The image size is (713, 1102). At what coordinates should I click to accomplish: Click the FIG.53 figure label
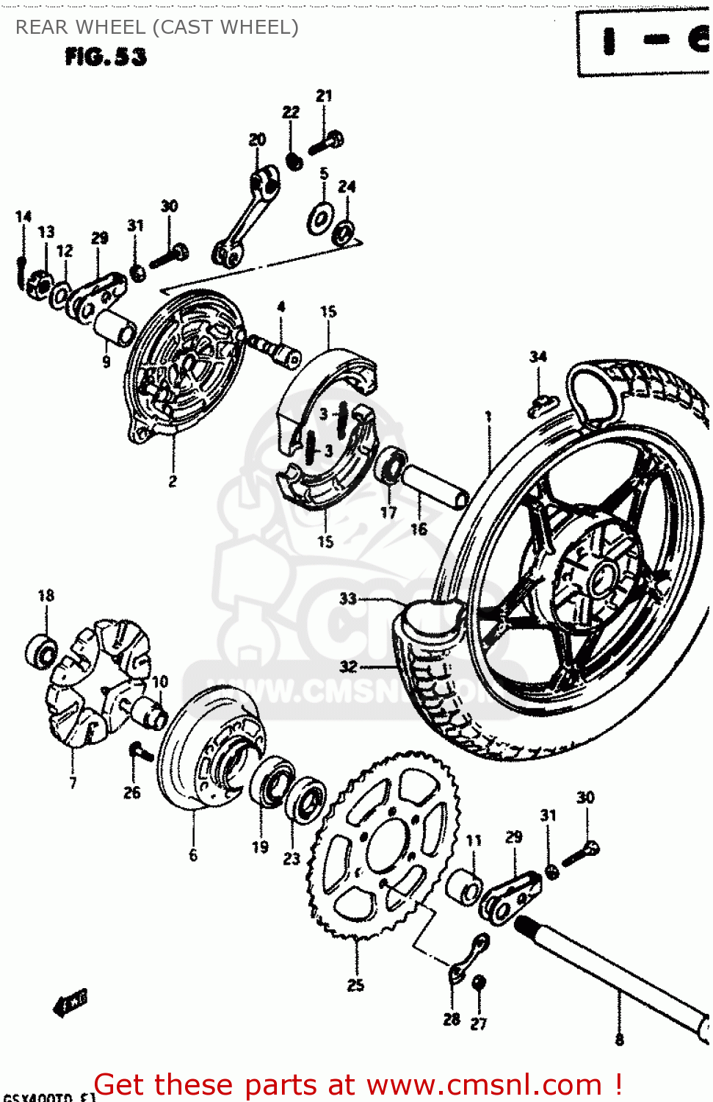(106, 57)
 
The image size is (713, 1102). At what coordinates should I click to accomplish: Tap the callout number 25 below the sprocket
(355, 985)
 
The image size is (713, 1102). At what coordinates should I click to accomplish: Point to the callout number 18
(46, 595)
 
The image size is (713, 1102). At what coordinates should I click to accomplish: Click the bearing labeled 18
(41, 651)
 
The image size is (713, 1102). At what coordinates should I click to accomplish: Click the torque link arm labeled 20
(246, 217)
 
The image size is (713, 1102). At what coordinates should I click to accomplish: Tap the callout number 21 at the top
(324, 96)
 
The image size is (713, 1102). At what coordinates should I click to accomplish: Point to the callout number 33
(347, 599)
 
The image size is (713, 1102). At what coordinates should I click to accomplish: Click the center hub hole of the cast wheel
(601, 577)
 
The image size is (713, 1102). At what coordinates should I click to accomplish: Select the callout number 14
(23, 217)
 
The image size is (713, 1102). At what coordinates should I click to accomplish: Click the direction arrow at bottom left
(70, 1003)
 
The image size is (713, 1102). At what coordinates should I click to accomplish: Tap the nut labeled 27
(479, 982)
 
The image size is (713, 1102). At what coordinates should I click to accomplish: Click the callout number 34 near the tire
(538, 357)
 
